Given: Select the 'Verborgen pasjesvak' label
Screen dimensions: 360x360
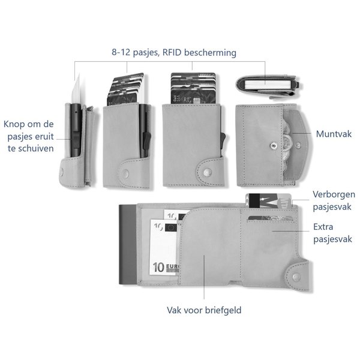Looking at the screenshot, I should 334,200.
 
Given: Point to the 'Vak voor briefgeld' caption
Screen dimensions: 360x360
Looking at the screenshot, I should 204,311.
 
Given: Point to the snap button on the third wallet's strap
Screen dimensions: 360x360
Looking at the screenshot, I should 207,172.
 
